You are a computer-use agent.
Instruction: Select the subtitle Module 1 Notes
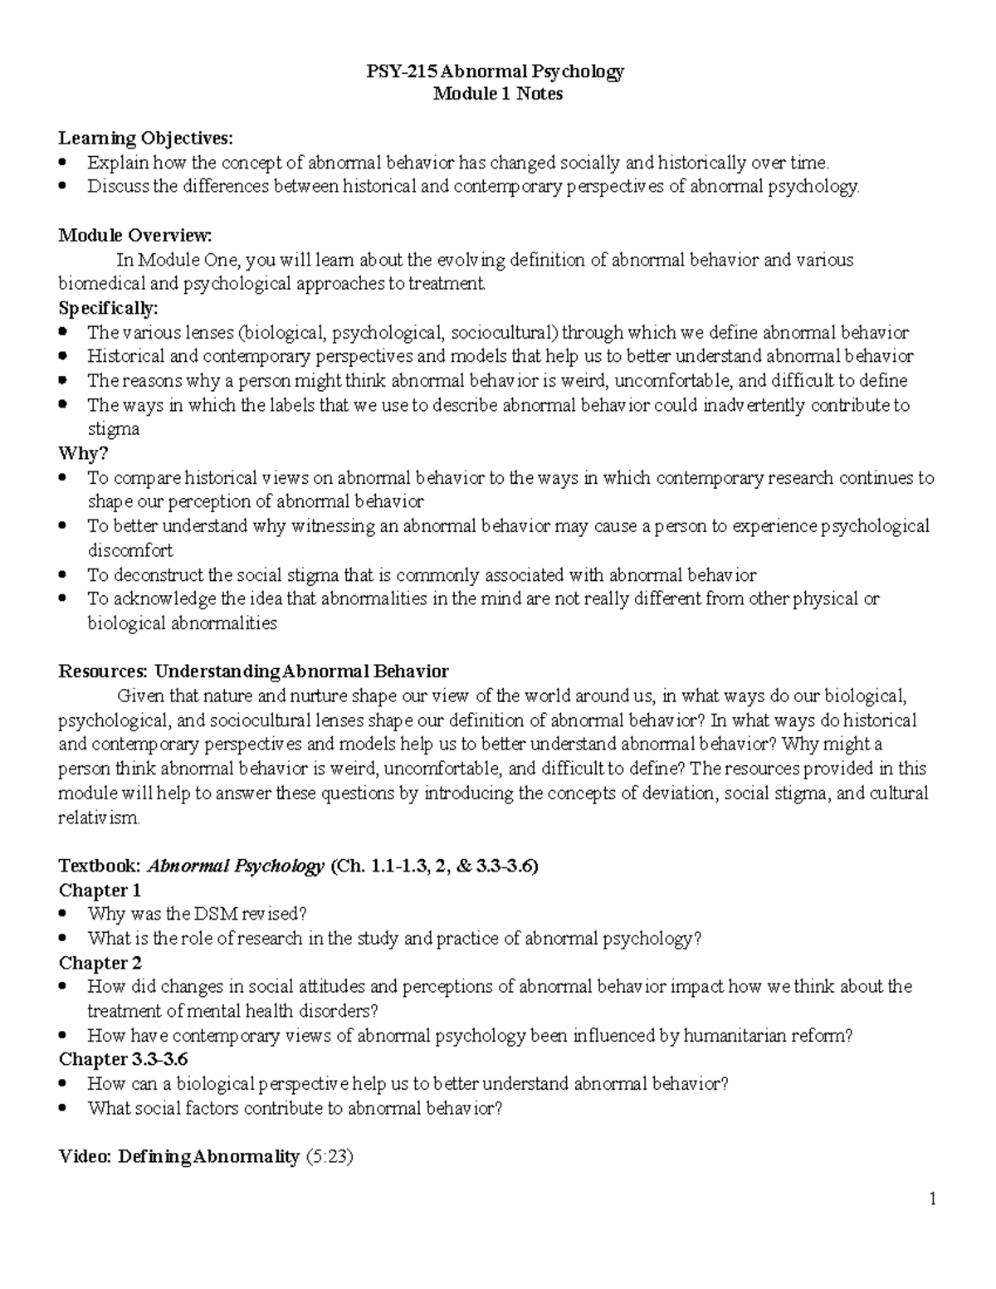498,94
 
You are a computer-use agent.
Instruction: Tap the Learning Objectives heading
145,138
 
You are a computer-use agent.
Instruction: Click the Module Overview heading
134,235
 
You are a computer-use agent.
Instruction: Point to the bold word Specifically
107,308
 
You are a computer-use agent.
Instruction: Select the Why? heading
83,453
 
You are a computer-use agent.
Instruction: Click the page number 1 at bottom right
933,1199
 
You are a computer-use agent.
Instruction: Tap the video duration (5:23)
330,1156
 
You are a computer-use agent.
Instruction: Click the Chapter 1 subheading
100,891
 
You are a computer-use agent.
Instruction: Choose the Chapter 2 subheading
100,963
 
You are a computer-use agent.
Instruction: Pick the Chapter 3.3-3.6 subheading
123,1060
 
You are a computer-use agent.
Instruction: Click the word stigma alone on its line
114,429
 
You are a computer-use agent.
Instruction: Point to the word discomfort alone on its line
130,550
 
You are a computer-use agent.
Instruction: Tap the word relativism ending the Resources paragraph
99,818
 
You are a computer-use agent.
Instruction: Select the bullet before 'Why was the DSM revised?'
65,915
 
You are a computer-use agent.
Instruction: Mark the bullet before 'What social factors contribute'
65,1108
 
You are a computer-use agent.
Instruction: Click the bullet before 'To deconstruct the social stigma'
65,575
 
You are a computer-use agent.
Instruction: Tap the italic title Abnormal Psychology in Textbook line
235,867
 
